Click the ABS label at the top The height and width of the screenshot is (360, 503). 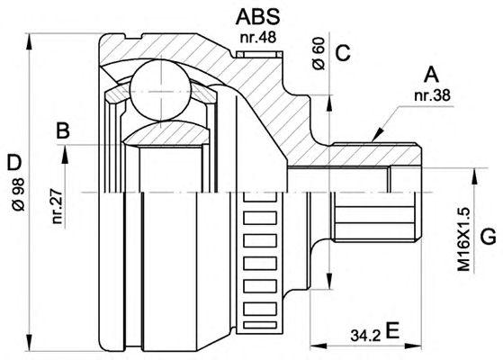(257, 17)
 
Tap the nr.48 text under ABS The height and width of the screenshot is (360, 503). (258, 38)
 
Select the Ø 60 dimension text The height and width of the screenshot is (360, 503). (319, 53)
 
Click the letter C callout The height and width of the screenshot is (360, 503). (343, 53)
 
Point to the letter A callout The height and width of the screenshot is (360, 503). (431, 75)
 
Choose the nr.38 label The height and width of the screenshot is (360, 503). (432, 95)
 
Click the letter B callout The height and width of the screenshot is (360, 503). (63, 130)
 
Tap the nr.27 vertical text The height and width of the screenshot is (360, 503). (57, 206)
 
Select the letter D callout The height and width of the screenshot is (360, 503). (14, 163)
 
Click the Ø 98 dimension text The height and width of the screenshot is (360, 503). (19, 193)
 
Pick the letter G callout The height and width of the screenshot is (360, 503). (488, 237)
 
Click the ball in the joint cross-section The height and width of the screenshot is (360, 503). (160, 91)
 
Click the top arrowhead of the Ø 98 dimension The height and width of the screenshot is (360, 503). (29, 41)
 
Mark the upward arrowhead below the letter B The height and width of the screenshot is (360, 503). (65, 153)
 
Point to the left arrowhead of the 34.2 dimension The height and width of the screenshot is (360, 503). (319, 346)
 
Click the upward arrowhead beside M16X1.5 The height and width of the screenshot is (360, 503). (474, 175)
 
